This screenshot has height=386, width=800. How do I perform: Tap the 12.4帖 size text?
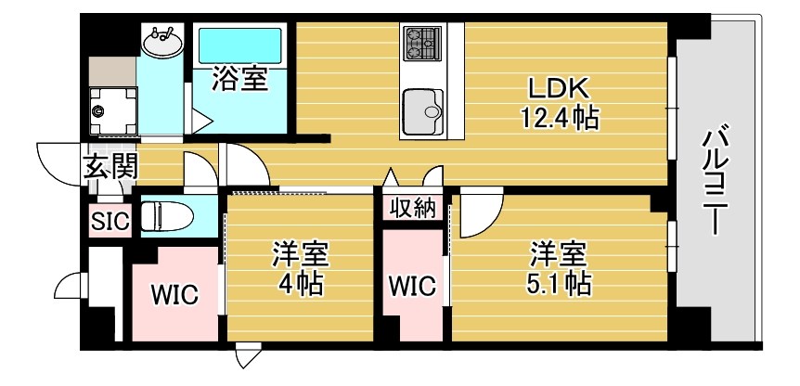click(560, 118)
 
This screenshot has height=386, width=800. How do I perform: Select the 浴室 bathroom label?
click(239, 79)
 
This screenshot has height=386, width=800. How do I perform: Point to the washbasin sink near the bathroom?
click(163, 42)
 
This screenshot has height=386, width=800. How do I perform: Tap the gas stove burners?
click(423, 41)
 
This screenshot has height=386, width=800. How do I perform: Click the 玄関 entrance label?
click(111, 168)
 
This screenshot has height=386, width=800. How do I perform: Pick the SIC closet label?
click(110, 221)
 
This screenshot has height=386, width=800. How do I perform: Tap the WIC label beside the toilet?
click(174, 295)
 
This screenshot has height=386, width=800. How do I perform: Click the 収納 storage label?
click(412, 208)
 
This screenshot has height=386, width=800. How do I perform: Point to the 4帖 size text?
click(300, 283)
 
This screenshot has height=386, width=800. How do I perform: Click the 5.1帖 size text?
click(559, 281)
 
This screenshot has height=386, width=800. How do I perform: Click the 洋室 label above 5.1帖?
click(559, 252)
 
